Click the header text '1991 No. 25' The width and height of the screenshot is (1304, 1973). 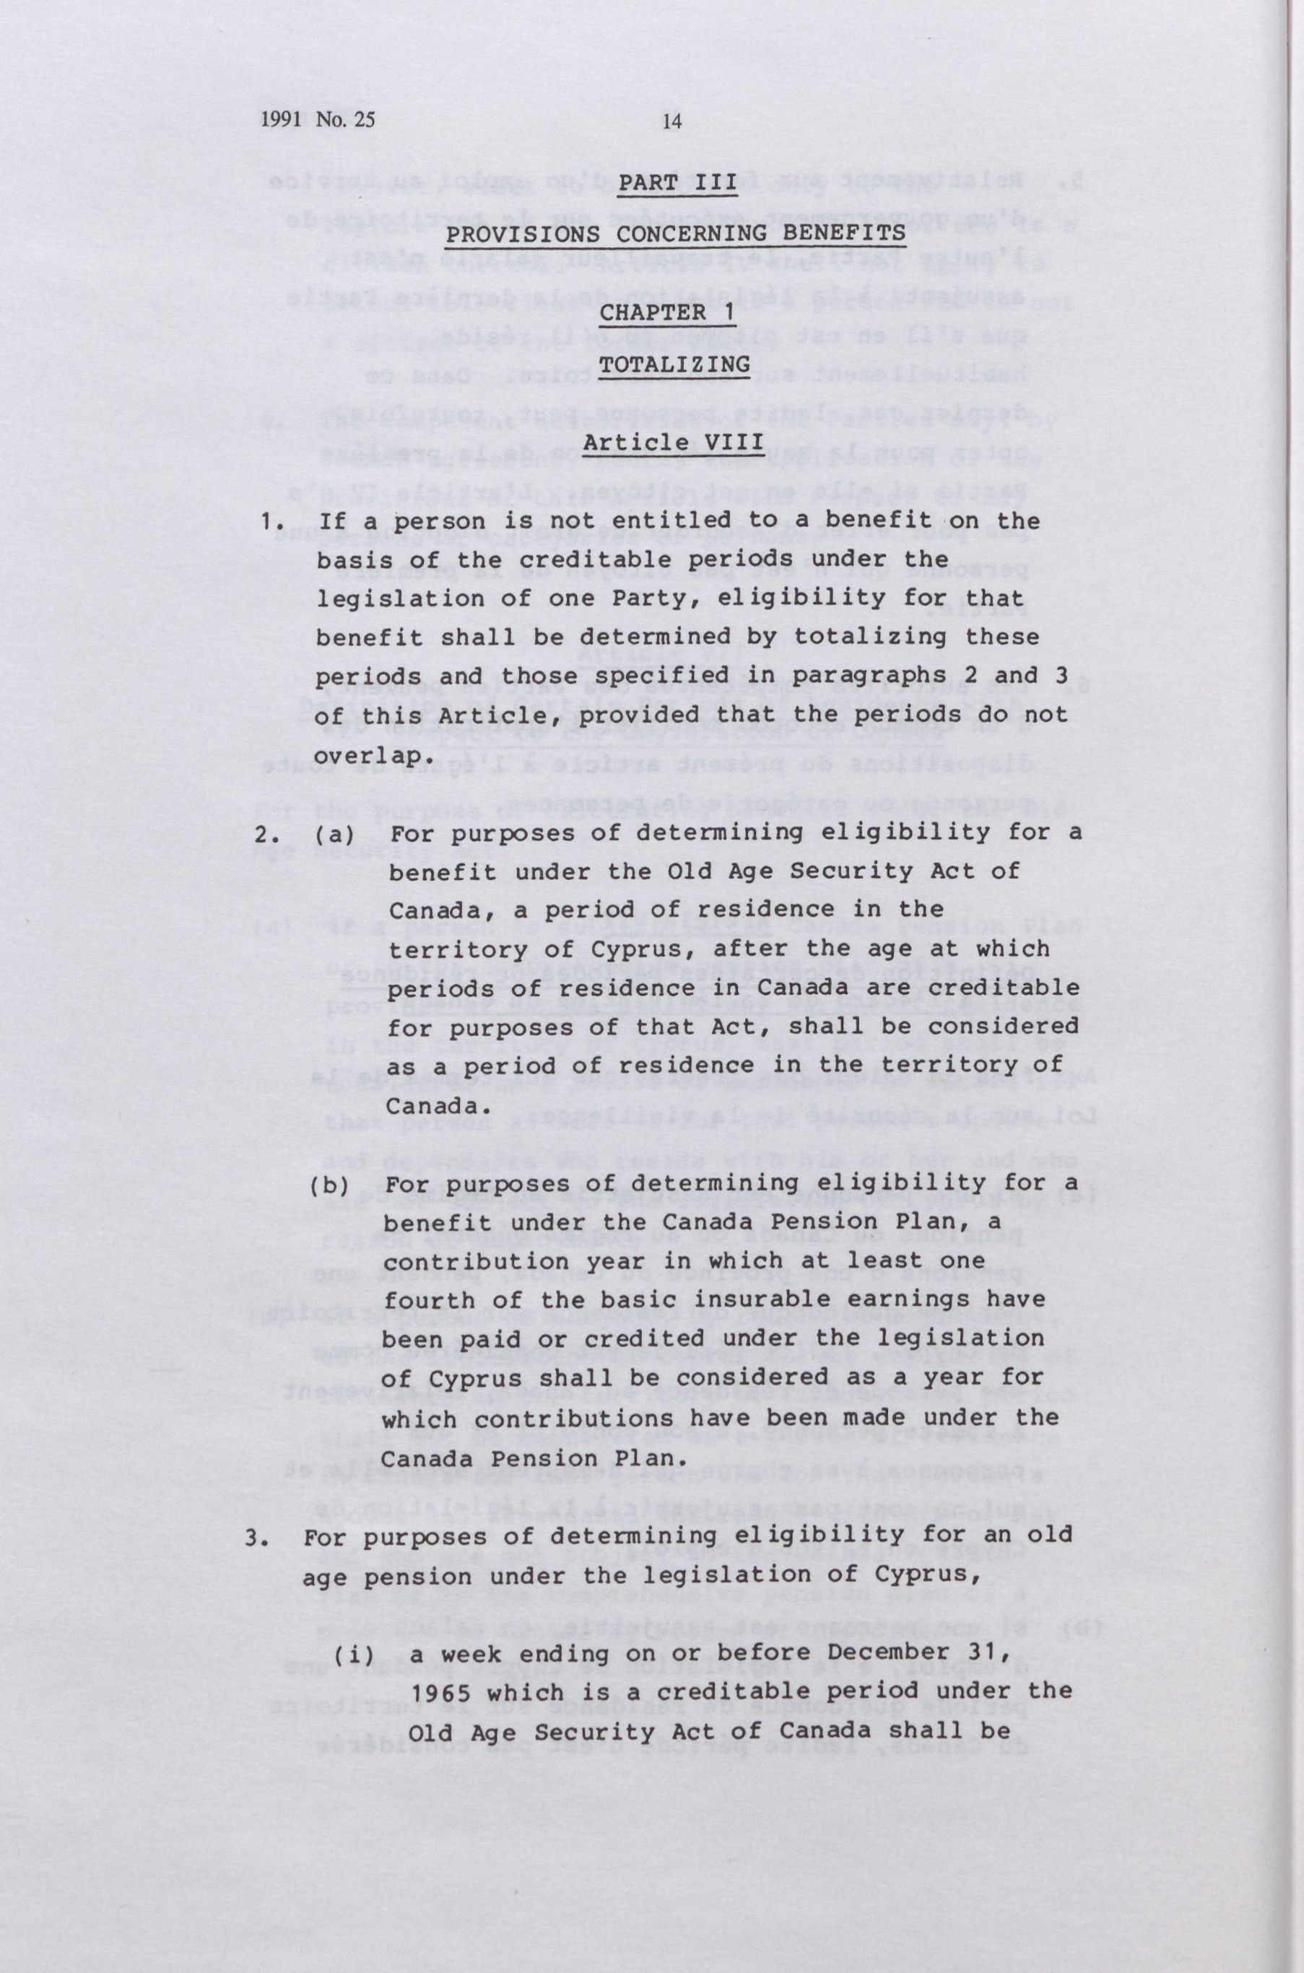tap(317, 120)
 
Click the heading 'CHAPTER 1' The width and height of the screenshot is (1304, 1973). tap(674, 313)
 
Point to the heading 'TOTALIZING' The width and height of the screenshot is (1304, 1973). tap(674, 364)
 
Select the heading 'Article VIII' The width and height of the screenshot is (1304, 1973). tap(673, 442)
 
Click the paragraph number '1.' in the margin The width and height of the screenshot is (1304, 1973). tap(268, 522)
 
